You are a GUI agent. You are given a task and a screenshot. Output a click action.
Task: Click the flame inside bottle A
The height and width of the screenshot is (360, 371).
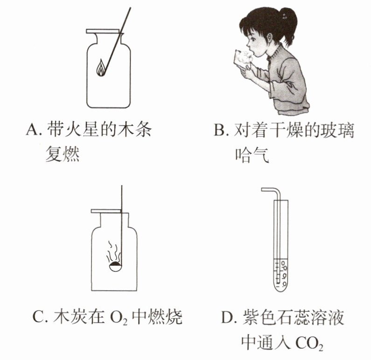[101, 68]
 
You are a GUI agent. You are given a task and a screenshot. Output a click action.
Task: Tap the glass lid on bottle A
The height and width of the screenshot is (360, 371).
[103, 31]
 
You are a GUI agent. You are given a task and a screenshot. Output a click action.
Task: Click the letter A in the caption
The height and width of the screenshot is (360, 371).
[32, 130]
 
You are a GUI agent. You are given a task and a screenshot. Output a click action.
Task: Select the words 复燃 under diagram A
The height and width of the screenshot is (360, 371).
[63, 153]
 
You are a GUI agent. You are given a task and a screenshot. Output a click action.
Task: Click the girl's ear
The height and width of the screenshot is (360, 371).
[270, 36]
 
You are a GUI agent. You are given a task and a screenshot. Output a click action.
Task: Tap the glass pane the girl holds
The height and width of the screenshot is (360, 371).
[240, 59]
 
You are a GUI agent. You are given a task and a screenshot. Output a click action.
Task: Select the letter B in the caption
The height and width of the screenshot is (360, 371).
[220, 130]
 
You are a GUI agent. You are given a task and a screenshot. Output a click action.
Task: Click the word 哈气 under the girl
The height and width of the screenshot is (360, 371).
[252, 155]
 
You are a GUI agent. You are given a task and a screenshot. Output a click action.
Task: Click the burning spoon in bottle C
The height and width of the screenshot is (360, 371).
[115, 266]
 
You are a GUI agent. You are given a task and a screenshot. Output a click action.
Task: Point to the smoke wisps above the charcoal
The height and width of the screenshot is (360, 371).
[113, 251]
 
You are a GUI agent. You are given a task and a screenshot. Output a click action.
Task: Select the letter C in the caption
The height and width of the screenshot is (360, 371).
[38, 317]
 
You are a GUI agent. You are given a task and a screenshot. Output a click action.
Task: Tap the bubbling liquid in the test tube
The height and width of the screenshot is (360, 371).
[280, 274]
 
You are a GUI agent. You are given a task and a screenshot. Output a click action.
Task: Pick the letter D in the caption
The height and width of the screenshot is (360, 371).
[227, 317]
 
